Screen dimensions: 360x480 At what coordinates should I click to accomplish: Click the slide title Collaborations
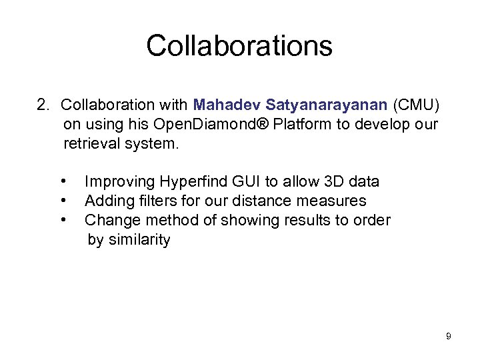(x=239, y=46)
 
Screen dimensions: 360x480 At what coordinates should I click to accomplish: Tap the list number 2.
(x=43, y=105)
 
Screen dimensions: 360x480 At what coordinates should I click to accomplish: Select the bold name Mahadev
(x=227, y=105)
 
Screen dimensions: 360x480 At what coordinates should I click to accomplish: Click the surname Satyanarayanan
(x=327, y=105)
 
